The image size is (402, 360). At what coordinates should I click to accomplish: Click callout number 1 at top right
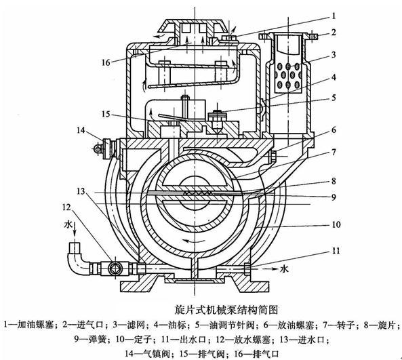tap(334, 16)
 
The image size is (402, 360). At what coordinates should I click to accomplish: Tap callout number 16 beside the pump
tap(106, 62)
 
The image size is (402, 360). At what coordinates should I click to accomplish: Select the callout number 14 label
tap(81, 130)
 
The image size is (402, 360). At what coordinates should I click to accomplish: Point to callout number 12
tap(66, 207)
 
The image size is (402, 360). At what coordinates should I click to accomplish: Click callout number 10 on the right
tap(336, 224)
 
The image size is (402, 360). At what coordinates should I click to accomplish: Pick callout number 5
tap(334, 98)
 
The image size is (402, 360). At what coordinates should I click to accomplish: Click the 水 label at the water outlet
tap(284, 268)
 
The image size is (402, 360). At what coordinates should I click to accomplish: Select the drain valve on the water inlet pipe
tap(114, 268)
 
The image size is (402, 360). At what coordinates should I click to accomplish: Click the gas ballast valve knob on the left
tap(106, 148)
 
